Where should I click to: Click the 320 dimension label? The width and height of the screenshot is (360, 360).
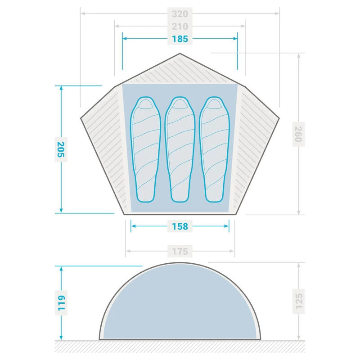pyautogui.click(x=180, y=14)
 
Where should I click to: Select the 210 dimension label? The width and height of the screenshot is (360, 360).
pyautogui.click(x=180, y=27)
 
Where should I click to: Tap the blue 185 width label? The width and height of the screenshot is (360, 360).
pyautogui.click(x=180, y=39)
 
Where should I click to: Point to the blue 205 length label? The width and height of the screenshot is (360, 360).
pyautogui.click(x=61, y=149)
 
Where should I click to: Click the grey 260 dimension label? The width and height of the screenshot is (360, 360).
pyautogui.click(x=298, y=134)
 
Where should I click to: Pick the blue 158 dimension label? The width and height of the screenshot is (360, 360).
pyautogui.click(x=180, y=226)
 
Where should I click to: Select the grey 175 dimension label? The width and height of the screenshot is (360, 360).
pyautogui.click(x=180, y=252)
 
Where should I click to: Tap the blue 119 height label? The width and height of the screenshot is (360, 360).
pyautogui.click(x=61, y=303)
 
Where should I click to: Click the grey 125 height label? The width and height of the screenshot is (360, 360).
pyautogui.click(x=299, y=301)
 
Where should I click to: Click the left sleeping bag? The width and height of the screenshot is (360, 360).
pyautogui.click(x=145, y=149)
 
